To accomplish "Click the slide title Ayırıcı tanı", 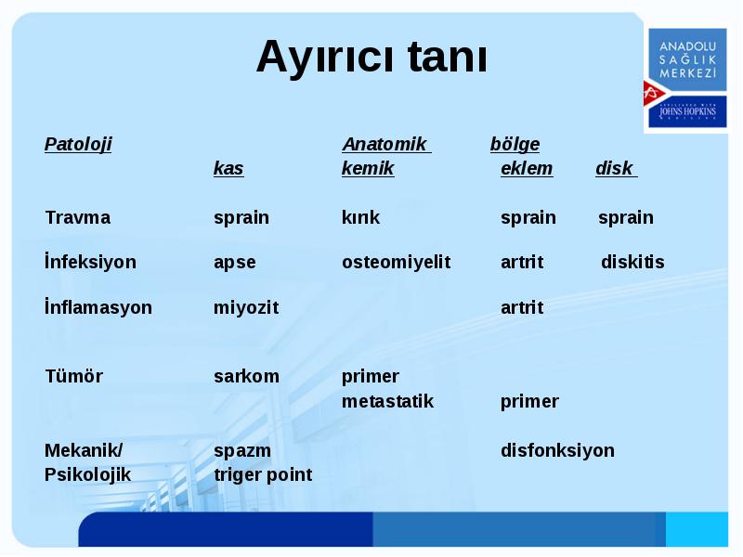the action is [x=371, y=58].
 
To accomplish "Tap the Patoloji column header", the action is [x=78, y=144].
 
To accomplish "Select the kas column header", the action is [x=228, y=168].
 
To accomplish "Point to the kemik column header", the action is [x=368, y=168].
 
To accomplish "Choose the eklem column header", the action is [x=527, y=168].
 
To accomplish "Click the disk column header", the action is [x=615, y=168].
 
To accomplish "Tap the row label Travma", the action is [x=78, y=217].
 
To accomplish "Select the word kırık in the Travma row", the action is [x=360, y=217].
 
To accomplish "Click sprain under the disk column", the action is [x=625, y=218].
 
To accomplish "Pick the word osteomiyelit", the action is [x=397, y=262].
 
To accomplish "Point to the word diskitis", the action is [x=632, y=262].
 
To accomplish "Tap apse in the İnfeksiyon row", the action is [x=235, y=263].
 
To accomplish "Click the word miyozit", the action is [x=246, y=308].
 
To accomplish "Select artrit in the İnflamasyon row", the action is [x=522, y=308].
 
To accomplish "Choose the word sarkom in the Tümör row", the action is [x=246, y=377].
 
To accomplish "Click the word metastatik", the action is [x=387, y=402].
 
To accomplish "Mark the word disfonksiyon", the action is [x=558, y=450].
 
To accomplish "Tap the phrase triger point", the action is [x=263, y=475].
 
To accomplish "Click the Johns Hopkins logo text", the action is [x=687, y=111].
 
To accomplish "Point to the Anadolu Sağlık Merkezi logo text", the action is [x=687, y=59].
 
